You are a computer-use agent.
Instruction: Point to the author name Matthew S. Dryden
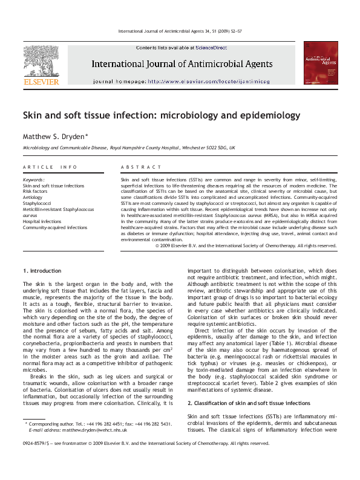(x=54, y=136)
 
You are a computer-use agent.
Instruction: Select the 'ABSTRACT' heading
(x=141, y=167)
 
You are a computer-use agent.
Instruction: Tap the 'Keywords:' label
(x=34, y=180)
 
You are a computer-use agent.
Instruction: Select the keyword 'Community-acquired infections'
(x=55, y=227)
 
